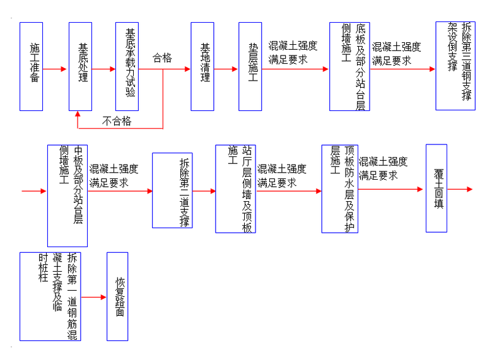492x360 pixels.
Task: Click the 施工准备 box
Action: [x=31, y=67]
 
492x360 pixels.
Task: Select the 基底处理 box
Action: [x=80, y=67]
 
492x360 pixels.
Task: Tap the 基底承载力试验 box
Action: [x=127, y=67]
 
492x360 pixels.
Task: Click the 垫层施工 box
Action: [x=250, y=67]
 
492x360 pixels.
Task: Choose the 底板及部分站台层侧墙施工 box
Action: [x=349, y=67]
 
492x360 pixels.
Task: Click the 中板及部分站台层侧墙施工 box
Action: [x=67, y=195]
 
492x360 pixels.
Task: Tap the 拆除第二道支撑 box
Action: [x=172, y=189]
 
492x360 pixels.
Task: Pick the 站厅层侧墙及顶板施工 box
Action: [x=235, y=189]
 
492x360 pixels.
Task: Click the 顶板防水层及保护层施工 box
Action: [x=339, y=189]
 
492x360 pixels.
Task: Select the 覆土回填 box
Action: [x=436, y=188]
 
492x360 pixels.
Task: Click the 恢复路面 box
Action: [x=117, y=297]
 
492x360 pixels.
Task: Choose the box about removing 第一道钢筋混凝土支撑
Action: [x=50, y=297]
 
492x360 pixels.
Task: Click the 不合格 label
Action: [x=117, y=121]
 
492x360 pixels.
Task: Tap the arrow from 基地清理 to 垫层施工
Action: [x=227, y=69]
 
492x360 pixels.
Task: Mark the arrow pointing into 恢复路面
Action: [x=94, y=297]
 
